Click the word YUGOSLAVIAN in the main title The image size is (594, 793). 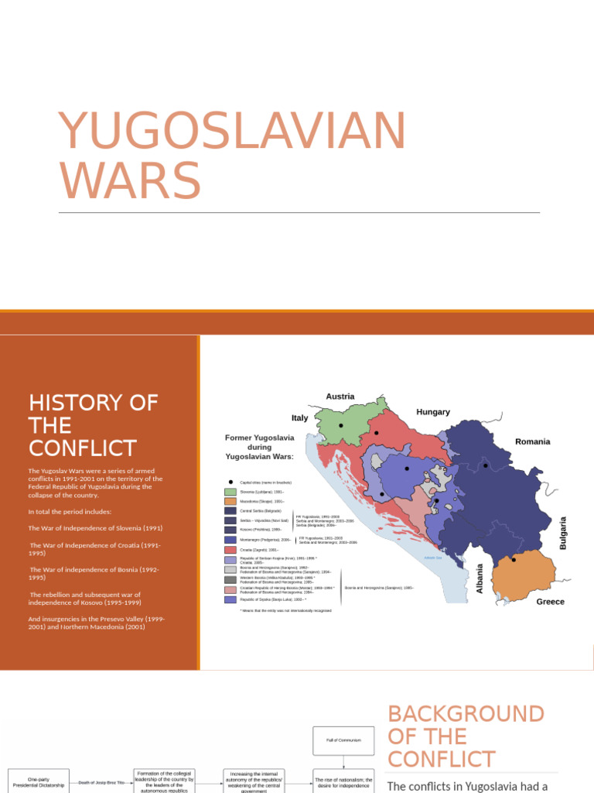(232, 132)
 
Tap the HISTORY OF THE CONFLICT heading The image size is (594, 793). (94, 425)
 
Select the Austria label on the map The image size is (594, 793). (340, 396)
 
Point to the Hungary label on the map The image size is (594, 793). (433, 412)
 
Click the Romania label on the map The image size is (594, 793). (533, 441)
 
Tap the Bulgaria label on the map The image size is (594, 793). (563, 533)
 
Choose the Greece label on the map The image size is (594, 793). (550, 602)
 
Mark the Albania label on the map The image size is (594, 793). (480, 578)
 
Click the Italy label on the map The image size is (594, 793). (300, 417)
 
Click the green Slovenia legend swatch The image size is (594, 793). (230, 492)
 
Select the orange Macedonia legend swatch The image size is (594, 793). (230, 501)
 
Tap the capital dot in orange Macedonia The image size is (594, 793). (514, 559)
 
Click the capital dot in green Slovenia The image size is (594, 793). (341, 425)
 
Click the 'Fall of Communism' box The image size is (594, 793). (343, 740)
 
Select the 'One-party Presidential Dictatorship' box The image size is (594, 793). (38, 782)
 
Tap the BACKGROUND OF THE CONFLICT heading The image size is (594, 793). (466, 736)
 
